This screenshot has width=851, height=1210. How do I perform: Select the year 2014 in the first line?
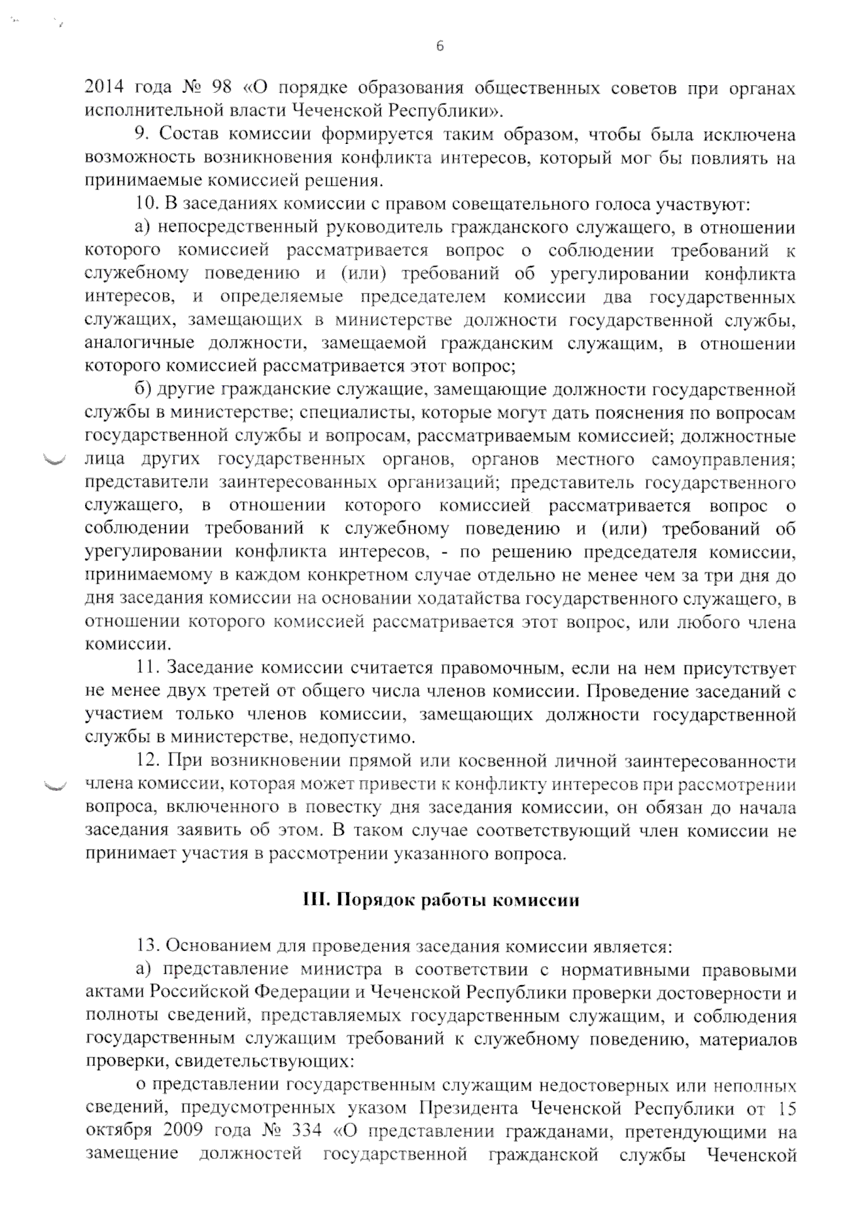click(x=104, y=89)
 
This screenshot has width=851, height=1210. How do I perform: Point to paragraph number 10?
click(x=147, y=204)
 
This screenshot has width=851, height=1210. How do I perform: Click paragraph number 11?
click(x=145, y=668)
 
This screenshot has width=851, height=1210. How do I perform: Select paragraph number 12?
click(x=146, y=761)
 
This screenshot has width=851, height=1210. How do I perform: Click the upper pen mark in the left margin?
click(x=54, y=461)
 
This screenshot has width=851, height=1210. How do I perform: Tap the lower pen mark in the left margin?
click(x=54, y=784)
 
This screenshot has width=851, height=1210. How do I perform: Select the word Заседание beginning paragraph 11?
click(x=200, y=668)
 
